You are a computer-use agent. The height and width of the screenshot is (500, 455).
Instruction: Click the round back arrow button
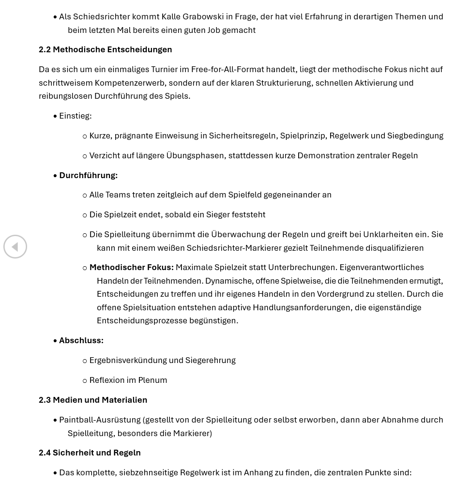[x=15, y=247]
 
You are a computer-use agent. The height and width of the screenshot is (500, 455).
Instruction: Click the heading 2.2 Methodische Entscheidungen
[x=105, y=49]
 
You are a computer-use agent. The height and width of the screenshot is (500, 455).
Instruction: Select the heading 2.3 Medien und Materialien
[x=92, y=400]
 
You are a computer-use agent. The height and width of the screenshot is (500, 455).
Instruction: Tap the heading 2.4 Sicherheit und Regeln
[x=90, y=453]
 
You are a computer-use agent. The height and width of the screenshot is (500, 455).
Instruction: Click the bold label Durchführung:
[x=88, y=175]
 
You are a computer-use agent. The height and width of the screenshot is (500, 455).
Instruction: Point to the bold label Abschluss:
[x=81, y=340]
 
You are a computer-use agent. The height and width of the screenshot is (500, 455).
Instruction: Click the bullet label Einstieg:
[x=75, y=116]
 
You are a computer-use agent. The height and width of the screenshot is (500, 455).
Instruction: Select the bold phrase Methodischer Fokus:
[x=131, y=267]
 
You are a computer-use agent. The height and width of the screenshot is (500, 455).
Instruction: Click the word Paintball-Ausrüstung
[x=99, y=420]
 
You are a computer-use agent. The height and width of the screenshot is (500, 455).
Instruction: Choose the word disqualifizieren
[x=394, y=248]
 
